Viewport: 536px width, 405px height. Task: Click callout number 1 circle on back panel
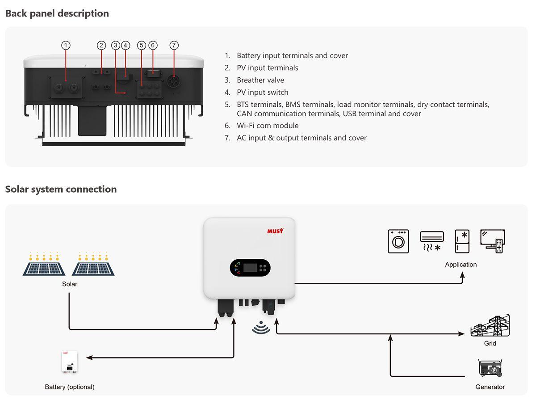click(x=66, y=45)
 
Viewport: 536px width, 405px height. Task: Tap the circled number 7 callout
click(x=174, y=45)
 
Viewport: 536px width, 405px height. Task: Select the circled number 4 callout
click(x=126, y=45)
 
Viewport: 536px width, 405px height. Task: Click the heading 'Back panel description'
click(x=57, y=13)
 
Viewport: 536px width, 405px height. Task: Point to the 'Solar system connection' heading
click(x=61, y=189)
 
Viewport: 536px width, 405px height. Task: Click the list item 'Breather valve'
click(x=260, y=80)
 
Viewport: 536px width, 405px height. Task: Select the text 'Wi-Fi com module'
click(x=268, y=126)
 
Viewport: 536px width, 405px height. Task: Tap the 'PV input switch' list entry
click(x=263, y=92)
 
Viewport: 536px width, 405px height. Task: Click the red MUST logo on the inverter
click(x=275, y=231)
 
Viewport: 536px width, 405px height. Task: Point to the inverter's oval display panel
click(x=250, y=268)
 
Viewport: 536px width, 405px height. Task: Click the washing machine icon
click(x=398, y=241)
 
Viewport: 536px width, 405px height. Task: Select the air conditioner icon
click(x=432, y=240)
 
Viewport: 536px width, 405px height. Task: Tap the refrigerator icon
click(x=462, y=241)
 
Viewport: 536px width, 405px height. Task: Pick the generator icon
click(x=490, y=367)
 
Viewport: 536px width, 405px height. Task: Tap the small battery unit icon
click(x=69, y=362)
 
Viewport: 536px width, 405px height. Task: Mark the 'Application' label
click(x=461, y=265)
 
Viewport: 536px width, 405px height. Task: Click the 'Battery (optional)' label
click(x=70, y=387)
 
